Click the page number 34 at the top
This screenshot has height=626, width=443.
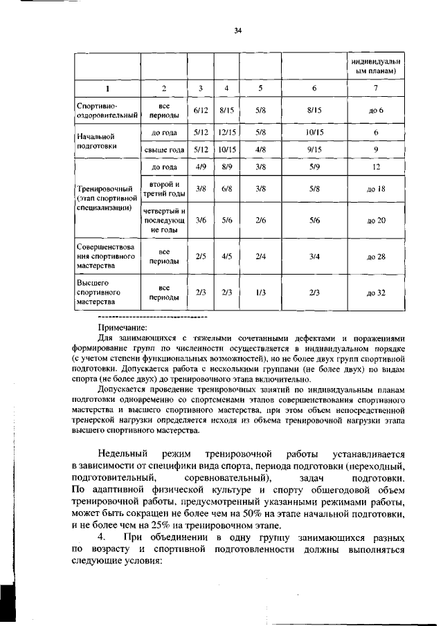(237, 30)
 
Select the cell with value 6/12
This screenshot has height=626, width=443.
(201, 110)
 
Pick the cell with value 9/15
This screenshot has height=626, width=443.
(314, 149)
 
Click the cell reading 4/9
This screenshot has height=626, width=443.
(201, 167)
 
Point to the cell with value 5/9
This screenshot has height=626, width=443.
(314, 167)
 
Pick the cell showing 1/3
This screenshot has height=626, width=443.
(260, 292)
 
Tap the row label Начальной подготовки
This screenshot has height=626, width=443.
(97, 140)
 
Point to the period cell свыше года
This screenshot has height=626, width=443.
(164, 149)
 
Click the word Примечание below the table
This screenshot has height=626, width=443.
(123, 328)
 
